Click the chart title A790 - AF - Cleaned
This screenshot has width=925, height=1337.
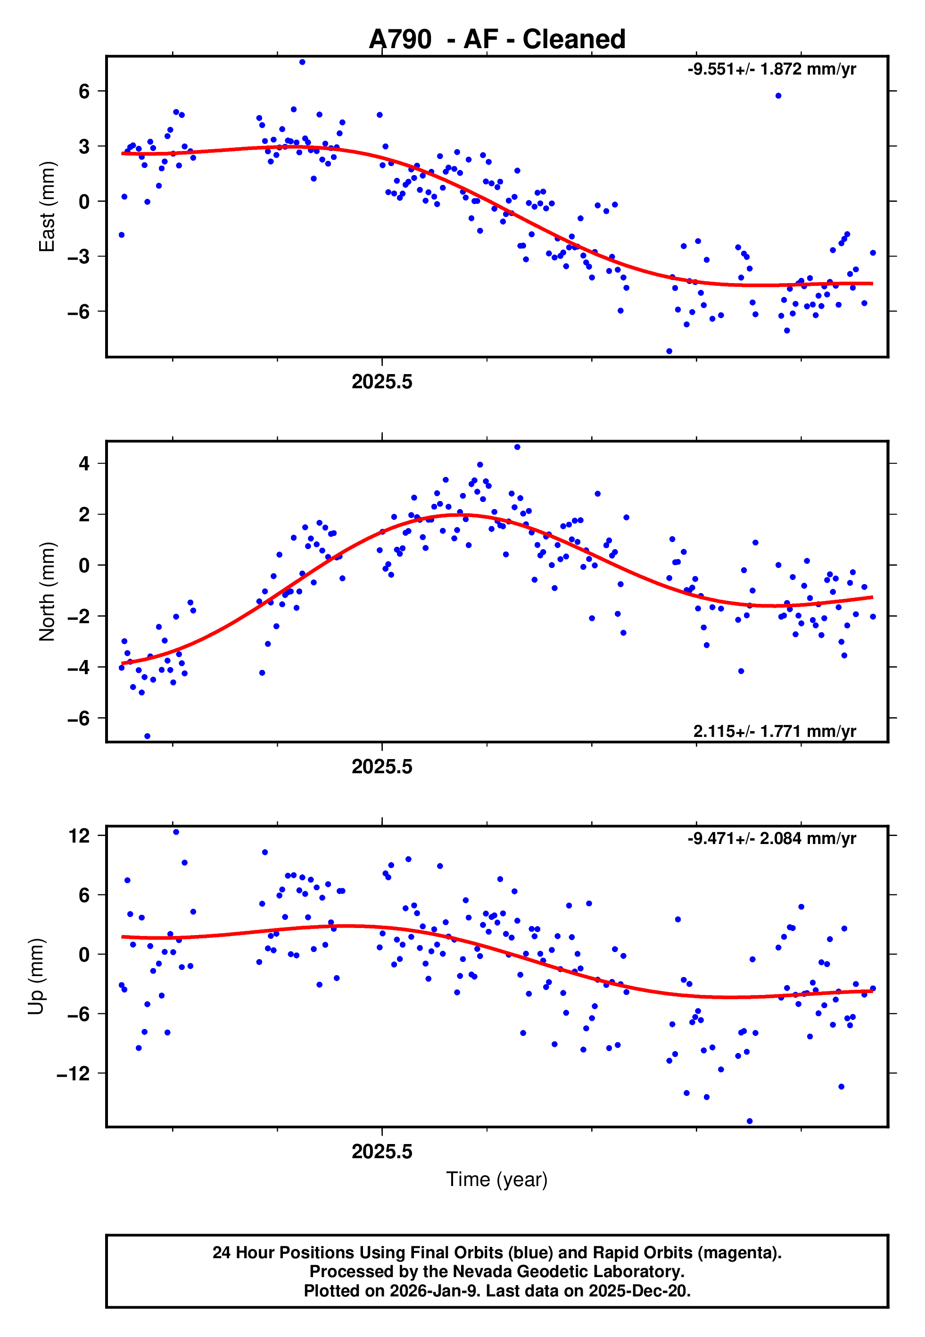(x=497, y=40)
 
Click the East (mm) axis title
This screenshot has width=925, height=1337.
(x=47, y=207)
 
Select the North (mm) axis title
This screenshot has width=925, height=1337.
(x=47, y=592)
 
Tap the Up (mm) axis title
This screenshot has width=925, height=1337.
(x=36, y=977)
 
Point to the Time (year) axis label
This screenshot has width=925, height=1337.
(x=497, y=1179)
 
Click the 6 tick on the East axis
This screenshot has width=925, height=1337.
(x=84, y=91)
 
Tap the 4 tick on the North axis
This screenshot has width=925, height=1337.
(x=84, y=463)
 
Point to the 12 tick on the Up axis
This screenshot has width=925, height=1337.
(x=79, y=836)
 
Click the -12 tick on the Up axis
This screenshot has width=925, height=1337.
(x=74, y=1073)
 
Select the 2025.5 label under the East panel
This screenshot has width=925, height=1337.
(x=382, y=382)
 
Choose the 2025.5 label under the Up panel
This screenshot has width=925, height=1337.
(x=382, y=1152)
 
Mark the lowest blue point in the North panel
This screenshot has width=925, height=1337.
(x=147, y=736)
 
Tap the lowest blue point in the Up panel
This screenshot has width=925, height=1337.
(x=750, y=1121)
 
